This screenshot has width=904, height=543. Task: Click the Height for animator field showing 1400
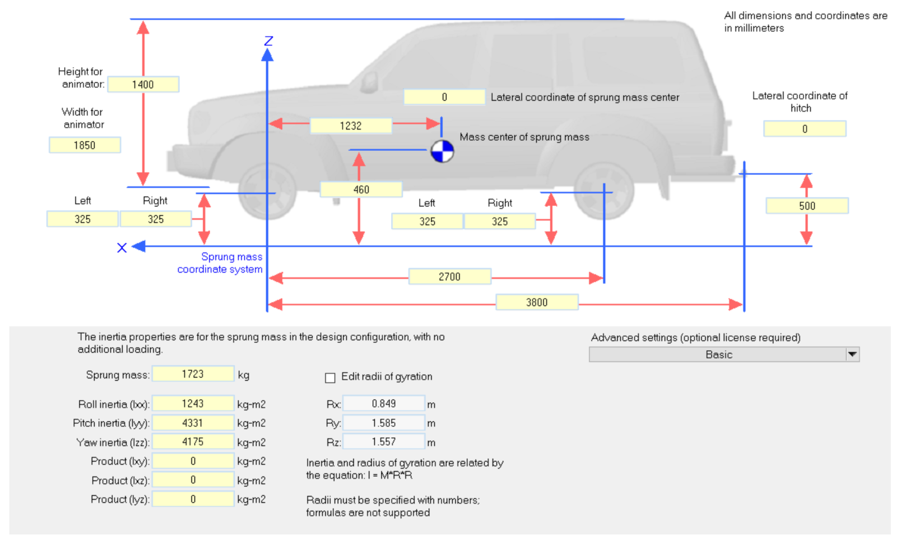click(143, 84)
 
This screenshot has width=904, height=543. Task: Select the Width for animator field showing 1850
click(85, 145)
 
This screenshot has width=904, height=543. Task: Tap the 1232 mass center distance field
click(351, 126)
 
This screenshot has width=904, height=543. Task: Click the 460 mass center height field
click(361, 190)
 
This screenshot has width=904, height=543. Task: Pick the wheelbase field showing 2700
click(450, 277)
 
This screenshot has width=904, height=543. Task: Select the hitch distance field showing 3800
click(537, 302)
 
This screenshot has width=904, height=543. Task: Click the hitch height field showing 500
click(807, 206)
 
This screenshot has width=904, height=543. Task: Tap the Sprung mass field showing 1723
click(193, 374)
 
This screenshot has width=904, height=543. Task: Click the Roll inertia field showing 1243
click(193, 404)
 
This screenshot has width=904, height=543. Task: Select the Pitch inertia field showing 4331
click(193, 423)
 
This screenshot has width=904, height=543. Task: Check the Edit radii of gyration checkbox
click(330, 378)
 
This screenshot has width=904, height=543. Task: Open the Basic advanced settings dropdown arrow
click(852, 354)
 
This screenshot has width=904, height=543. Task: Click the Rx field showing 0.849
click(384, 404)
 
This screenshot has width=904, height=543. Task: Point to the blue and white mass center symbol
click(442, 151)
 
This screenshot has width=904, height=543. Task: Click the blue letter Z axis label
click(269, 41)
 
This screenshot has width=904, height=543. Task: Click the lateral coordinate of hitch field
click(805, 129)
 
